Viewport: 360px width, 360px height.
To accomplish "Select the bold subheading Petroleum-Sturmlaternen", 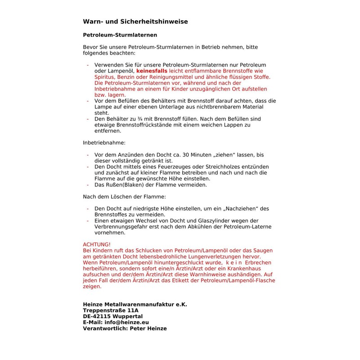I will pos(120,35).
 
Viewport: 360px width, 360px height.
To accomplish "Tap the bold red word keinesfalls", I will pos(152,71).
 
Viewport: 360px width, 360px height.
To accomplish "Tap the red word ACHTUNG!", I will pos(97,244).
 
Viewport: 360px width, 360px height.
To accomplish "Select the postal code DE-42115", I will pos(99,316).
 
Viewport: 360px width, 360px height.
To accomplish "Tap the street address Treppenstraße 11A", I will pos(111,310).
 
